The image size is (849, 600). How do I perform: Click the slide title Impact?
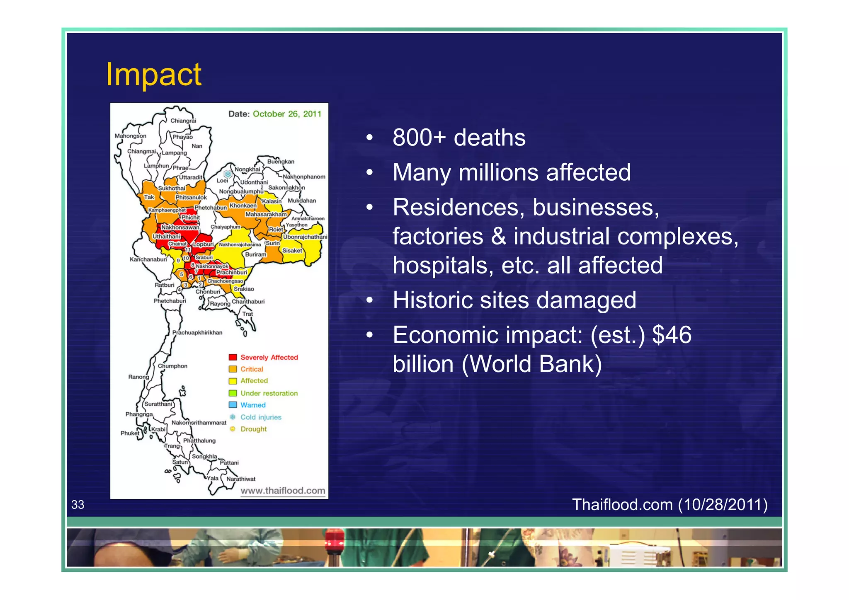coord(153,75)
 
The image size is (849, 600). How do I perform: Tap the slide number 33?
coord(78,504)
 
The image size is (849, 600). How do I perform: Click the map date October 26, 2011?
coord(287,114)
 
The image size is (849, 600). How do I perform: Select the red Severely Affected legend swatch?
coord(233,357)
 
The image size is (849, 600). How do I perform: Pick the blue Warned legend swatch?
coord(233,405)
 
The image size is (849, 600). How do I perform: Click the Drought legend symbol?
coord(233,429)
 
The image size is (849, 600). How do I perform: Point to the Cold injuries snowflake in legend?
coord(233,417)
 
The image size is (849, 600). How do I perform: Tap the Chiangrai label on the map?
coord(183,121)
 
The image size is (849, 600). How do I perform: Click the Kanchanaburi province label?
coord(148,259)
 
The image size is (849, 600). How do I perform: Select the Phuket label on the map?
coord(130,433)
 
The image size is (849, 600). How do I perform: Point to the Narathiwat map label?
coord(241,479)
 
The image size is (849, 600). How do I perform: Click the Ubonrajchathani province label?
coord(305,237)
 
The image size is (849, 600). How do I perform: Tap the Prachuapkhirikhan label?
coord(197,332)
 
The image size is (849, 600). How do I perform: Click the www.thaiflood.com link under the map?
coord(283,491)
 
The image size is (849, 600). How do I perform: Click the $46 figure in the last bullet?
coord(672,335)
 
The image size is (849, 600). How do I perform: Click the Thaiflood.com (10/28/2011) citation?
coord(669,504)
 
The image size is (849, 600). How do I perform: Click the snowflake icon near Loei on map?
coord(228,174)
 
